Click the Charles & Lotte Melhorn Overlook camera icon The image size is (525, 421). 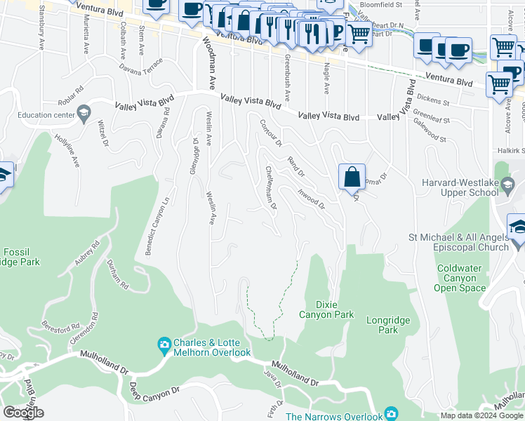point(164,345)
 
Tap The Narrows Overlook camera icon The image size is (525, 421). point(391,415)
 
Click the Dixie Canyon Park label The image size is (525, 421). point(326,309)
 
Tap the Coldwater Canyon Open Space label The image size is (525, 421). point(460,278)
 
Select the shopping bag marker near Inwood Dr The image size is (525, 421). point(352,177)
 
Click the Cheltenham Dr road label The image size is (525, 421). point(271,187)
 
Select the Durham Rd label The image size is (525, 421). point(117,275)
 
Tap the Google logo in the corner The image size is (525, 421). point(23,412)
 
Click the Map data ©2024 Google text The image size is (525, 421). point(481,415)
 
